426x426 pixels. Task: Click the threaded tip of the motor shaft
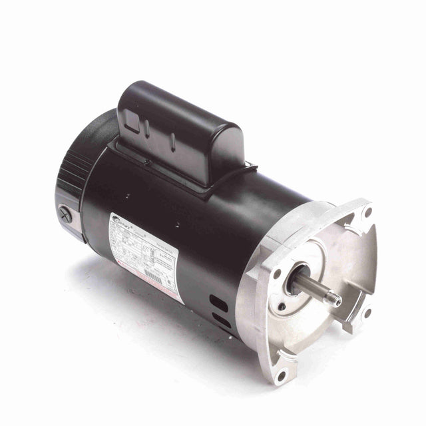(336, 302)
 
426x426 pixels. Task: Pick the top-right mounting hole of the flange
(367, 212)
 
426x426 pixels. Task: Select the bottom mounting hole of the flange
(282, 377)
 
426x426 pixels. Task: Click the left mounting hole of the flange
(276, 273)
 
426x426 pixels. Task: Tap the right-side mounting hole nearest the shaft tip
(367, 312)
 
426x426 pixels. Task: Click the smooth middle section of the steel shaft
(313, 290)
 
